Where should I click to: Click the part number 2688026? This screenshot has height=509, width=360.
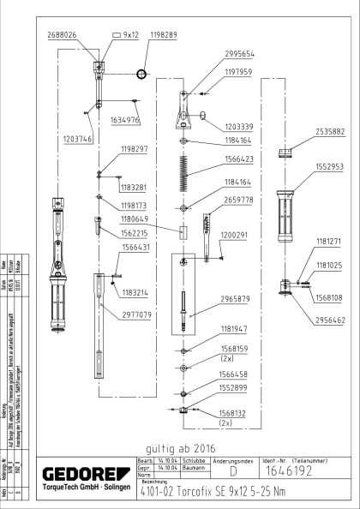pyautogui.click(x=61, y=35)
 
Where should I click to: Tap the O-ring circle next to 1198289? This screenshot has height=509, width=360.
pyautogui.click(x=141, y=65)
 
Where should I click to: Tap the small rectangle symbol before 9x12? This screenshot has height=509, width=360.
pyautogui.click(x=117, y=35)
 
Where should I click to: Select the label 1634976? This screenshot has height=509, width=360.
pyautogui.click(x=125, y=121)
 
